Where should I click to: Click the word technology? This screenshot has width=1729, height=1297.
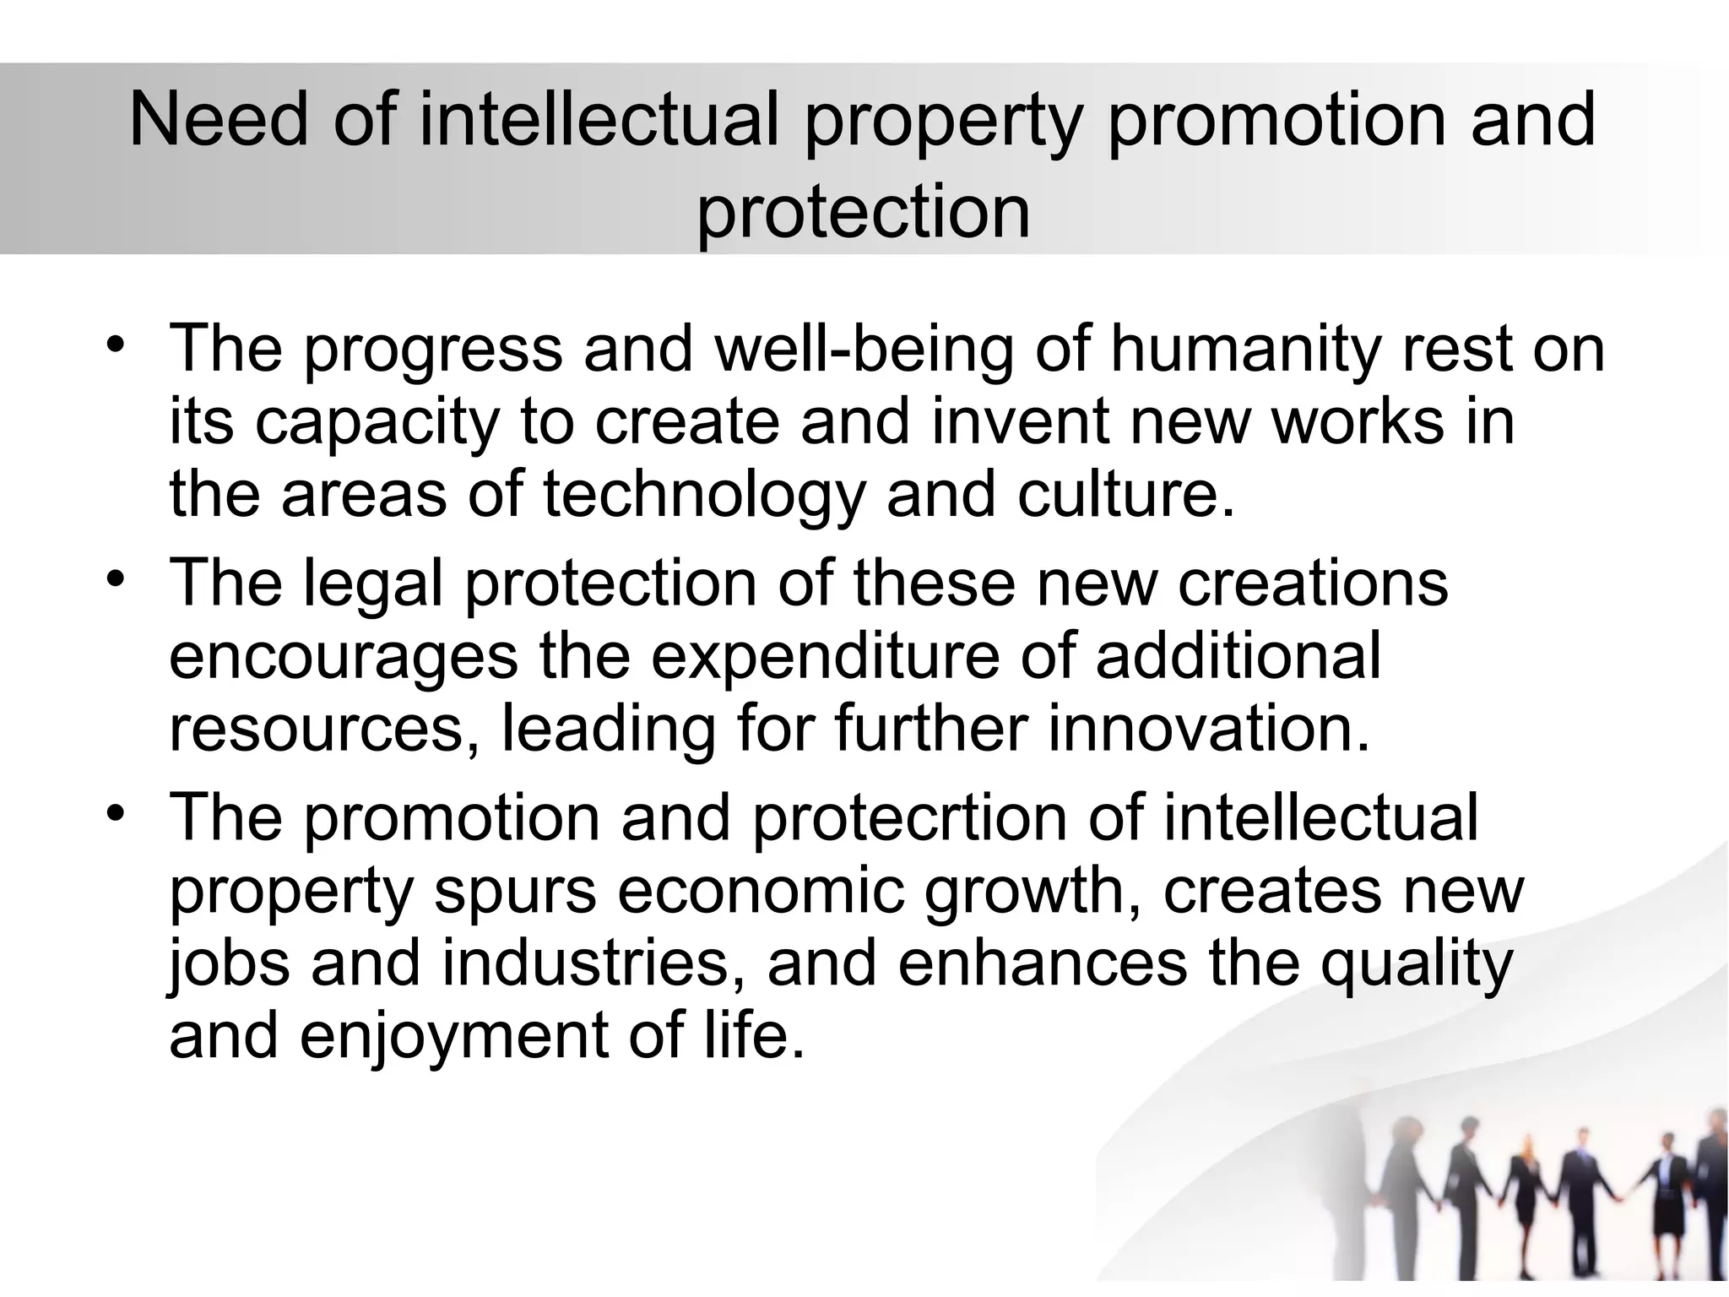[x=704, y=496]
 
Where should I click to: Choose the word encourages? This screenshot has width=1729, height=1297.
[x=343, y=657]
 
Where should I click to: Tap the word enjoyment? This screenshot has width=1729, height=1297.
[x=453, y=1036]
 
